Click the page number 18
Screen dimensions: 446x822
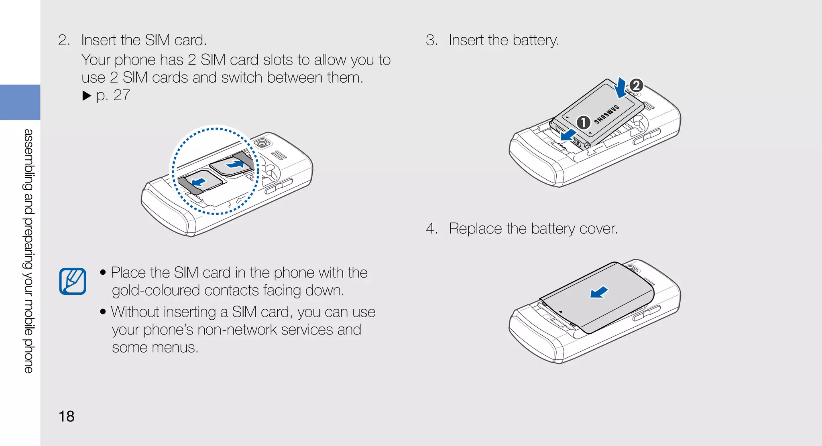pos(67,416)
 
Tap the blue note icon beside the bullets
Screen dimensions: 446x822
pos(73,281)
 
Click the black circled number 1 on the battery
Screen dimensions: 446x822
pos(583,122)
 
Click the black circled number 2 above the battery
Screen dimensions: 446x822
pos(636,85)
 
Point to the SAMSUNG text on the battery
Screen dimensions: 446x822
pos(606,114)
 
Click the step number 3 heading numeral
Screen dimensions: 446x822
pos(431,40)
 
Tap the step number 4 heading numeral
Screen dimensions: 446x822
pos(431,229)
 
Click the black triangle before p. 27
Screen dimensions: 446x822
pos(87,95)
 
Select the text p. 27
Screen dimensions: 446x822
pos(113,95)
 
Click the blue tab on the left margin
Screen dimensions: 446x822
pos(20,102)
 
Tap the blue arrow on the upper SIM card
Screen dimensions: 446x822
pos(235,164)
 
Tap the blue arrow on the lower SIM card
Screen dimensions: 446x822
pos(199,183)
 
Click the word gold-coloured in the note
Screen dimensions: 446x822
pos(155,290)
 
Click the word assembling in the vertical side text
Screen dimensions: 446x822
pos(28,160)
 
